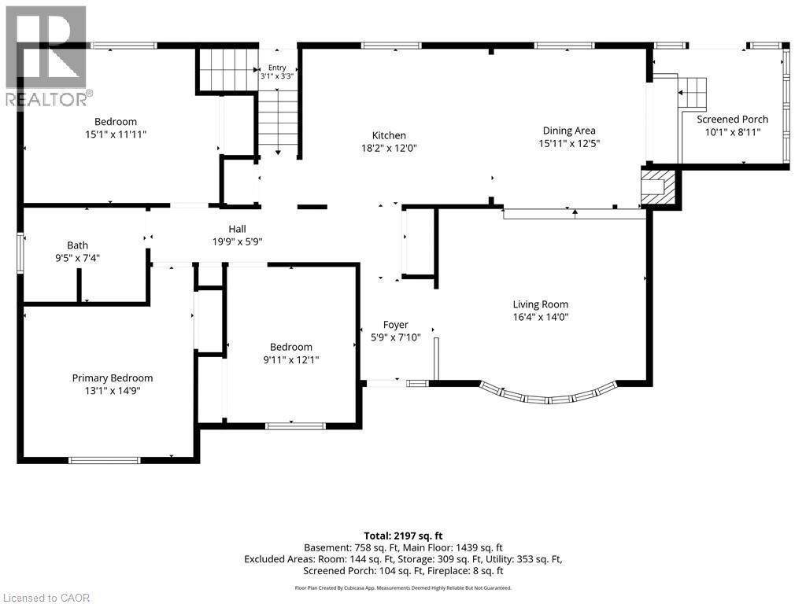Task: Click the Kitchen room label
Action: (x=389, y=135)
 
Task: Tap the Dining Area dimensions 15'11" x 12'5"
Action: (x=569, y=143)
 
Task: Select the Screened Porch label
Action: (x=732, y=120)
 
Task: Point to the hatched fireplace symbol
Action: (x=657, y=186)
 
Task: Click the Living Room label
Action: (x=540, y=304)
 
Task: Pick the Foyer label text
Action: (x=395, y=325)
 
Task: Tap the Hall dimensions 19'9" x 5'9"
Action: (x=238, y=241)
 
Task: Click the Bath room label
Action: (x=78, y=245)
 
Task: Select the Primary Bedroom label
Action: (x=113, y=378)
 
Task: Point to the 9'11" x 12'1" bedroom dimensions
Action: (x=291, y=359)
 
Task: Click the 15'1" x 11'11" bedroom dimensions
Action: (x=116, y=134)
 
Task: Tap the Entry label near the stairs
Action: (x=277, y=68)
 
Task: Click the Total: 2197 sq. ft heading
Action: (x=403, y=536)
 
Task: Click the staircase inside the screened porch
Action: (x=693, y=93)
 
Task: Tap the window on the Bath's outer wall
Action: (x=20, y=252)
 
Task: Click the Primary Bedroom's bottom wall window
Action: (x=105, y=460)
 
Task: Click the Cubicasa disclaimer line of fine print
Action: (x=403, y=587)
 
